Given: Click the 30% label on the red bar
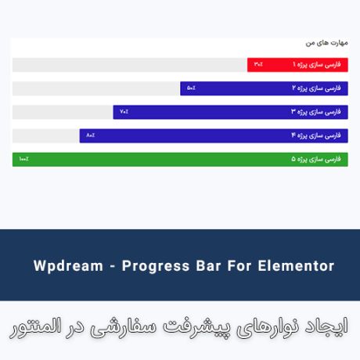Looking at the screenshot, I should [258, 65].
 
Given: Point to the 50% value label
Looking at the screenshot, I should [191, 88].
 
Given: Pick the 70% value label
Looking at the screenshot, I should [124, 112].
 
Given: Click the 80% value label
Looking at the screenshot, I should [90, 135].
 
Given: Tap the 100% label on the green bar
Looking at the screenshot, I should [24, 160].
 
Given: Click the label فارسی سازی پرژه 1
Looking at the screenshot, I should [318, 65].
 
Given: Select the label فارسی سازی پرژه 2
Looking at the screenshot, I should [318, 88].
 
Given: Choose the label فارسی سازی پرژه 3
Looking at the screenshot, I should [318, 112].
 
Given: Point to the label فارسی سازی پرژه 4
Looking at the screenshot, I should [318, 135].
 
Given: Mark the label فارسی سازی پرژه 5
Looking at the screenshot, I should [318, 160].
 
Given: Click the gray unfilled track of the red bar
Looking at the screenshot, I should [129, 65].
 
